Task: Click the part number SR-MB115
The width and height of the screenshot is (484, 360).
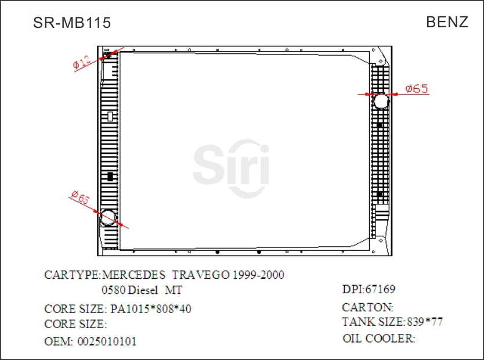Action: (72, 23)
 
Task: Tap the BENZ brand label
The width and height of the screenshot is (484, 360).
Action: (447, 22)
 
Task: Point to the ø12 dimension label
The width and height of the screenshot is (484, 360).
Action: (81, 62)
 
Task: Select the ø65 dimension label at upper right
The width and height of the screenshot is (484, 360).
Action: (416, 89)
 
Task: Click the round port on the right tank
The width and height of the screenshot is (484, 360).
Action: (381, 102)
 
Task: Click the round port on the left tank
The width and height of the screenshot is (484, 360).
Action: (107, 218)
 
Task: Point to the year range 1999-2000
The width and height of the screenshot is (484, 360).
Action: (258, 275)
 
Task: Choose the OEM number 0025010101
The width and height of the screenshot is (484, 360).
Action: (107, 341)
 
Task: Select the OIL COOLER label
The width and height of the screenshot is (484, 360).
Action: (378, 339)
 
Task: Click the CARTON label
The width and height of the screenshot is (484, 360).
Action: (367, 307)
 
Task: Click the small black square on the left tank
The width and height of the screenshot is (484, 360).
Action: (110, 176)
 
